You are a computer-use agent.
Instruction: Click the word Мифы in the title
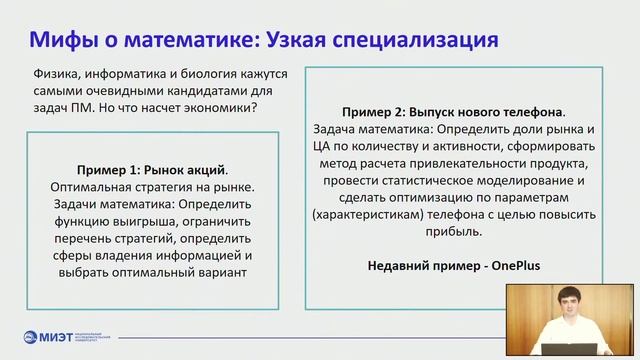tap(63, 39)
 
